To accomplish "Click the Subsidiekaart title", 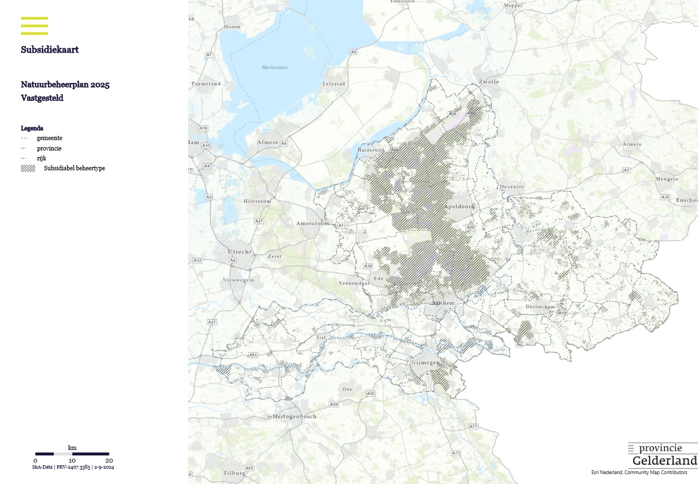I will (50, 49).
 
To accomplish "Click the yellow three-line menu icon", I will (34, 26).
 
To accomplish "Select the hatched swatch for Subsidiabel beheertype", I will (28, 168).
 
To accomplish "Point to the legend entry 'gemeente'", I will (50, 138).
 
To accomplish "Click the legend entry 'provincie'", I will (50, 148).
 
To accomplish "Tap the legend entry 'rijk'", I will (42, 158).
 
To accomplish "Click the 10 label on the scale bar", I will (72, 460).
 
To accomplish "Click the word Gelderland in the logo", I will (664, 460).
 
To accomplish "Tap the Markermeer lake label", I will (274, 68).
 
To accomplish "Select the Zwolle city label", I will (489, 82).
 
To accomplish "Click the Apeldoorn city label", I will (459, 207).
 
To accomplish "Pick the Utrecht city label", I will (239, 252).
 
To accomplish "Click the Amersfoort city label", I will (312, 224).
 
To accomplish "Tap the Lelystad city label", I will (334, 84).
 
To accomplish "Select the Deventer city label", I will (512, 187).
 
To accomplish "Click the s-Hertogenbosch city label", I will (292, 416).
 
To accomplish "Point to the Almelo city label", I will (631, 144).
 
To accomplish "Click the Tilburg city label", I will (234, 473).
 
